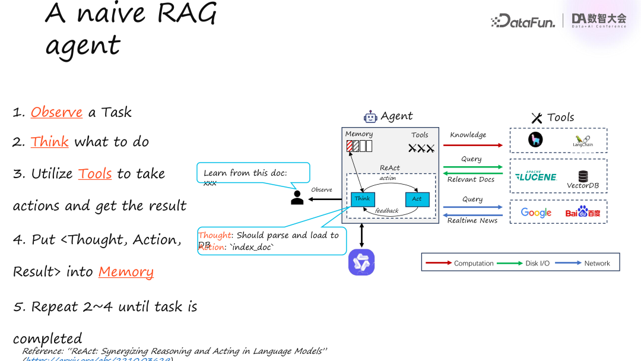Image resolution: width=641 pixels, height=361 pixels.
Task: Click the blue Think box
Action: coord(363,199)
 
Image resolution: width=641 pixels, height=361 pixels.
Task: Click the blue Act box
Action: coord(417,199)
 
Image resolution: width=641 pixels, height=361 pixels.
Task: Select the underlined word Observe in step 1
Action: coord(56,112)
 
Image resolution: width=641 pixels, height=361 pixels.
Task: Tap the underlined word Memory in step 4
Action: coord(126,271)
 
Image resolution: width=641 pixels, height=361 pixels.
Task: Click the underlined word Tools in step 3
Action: coord(95,173)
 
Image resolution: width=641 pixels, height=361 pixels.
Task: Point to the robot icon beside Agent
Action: coord(370,116)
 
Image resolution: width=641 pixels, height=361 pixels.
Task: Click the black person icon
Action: coord(297,197)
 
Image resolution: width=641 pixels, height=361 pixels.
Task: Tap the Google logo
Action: coord(536,213)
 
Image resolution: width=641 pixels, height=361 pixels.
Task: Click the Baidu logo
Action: coord(583,212)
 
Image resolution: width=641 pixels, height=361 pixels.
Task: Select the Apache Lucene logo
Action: coord(536,176)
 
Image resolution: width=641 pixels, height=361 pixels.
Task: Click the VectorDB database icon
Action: coord(583,176)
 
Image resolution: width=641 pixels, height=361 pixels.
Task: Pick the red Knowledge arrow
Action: coord(473,145)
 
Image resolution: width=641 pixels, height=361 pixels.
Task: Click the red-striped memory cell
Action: coord(350,145)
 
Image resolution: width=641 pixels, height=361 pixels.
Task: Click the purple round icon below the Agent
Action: coord(361,262)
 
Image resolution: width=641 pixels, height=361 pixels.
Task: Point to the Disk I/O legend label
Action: coord(537,263)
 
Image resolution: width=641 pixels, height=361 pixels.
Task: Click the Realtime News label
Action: coord(472,220)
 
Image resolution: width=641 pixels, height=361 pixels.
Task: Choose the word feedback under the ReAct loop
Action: coord(386,211)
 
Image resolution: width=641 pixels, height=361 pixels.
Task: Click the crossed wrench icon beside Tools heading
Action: coord(537,118)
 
